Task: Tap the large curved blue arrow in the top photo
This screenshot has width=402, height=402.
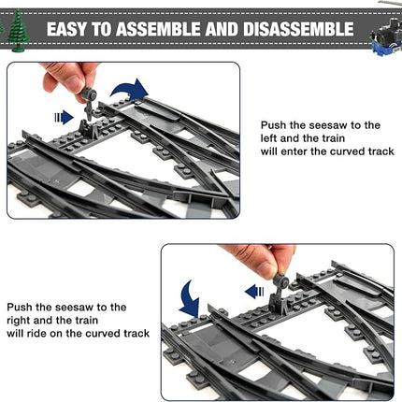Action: pyautogui.click(x=129, y=90)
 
